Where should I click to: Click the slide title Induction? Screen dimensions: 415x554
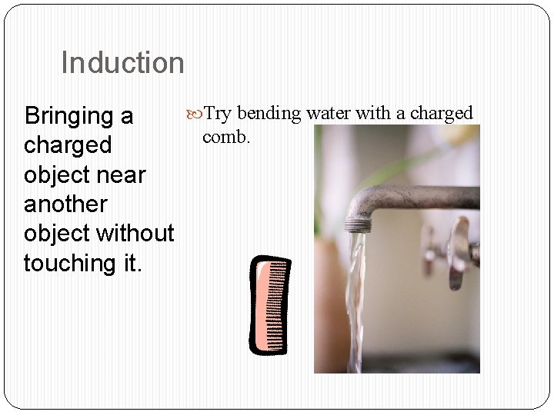click(x=122, y=63)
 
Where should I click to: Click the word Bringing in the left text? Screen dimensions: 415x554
click(x=69, y=117)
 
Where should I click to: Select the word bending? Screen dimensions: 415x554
click(x=269, y=114)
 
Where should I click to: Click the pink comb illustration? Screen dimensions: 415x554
click(x=271, y=306)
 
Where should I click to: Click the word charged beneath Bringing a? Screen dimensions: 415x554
click(x=68, y=146)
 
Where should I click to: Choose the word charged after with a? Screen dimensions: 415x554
click(x=441, y=114)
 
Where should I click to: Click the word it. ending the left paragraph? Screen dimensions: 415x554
click(x=128, y=263)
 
